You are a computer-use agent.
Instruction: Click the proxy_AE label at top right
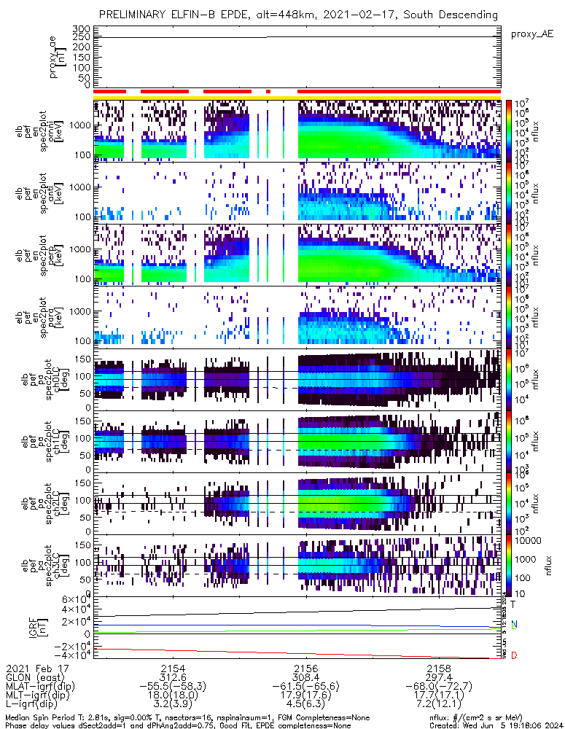pyautogui.click(x=531, y=34)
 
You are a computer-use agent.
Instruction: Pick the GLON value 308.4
pyautogui.click(x=305, y=677)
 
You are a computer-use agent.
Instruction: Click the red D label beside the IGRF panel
pyautogui.click(x=514, y=656)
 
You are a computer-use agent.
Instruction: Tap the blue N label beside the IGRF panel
pyautogui.click(x=514, y=625)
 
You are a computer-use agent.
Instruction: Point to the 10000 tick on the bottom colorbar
pyautogui.click(x=523, y=541)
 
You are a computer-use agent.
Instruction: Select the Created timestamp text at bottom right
pyautogui.click(x=494, y=725)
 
